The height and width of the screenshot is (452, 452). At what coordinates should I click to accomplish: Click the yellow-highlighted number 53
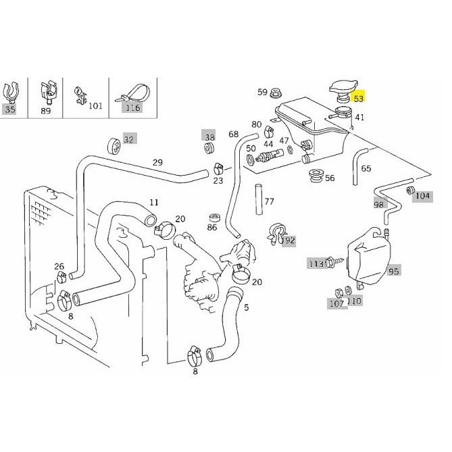click(358, 99)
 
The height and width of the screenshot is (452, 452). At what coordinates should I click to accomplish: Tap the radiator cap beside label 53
click(343, 91)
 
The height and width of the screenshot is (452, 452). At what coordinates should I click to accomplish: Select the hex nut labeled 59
click(275, 93)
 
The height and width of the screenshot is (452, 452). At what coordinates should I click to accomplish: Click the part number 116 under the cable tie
click(132, 108)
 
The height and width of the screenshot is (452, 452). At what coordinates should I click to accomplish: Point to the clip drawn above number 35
click(10, 92)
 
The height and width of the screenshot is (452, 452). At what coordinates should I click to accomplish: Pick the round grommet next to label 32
click(115, 147)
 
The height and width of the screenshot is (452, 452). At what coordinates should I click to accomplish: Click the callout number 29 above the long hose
click(157, 163)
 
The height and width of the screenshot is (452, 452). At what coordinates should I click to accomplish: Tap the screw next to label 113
click(334, 262)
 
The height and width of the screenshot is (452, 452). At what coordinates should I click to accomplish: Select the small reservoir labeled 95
click(369, 256)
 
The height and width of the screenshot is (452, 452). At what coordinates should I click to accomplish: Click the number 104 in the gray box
click(422, 196)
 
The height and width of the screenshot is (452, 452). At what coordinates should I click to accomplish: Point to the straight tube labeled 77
click(259, 199)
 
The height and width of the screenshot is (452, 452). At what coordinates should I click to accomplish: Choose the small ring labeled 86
click(214, 218)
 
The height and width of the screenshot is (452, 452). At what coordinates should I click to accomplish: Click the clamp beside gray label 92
click(276, 234)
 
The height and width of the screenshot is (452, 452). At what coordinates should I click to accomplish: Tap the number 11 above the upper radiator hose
click(154, 203)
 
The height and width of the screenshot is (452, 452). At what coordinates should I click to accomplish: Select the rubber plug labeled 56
click(316, 176)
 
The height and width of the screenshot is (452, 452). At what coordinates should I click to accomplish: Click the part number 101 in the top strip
click(95, 106)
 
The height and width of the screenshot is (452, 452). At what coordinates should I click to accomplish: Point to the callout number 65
click(366, 168)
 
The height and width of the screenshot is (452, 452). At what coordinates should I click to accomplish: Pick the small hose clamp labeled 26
click(60, 278)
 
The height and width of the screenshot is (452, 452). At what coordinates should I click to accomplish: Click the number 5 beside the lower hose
click(246, 307)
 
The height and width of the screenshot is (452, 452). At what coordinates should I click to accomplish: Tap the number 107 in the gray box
click(337, 303)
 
